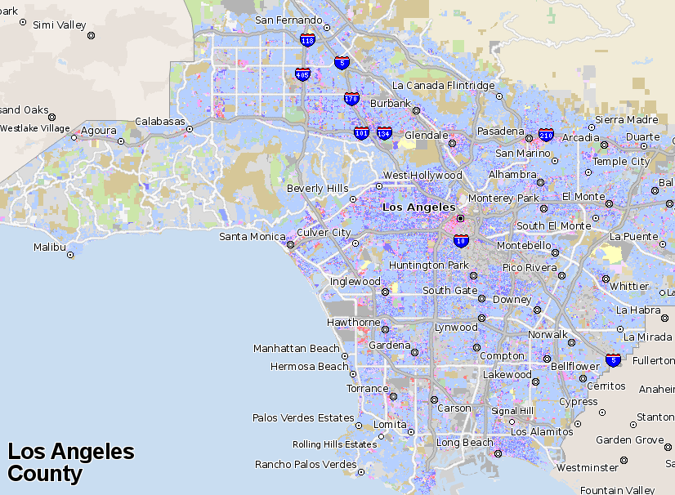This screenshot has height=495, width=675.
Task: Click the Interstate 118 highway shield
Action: click(x=307, y=40)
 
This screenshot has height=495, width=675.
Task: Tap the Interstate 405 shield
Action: click(x=302, y=74)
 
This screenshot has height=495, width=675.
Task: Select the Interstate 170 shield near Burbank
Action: click(x=351, y=99)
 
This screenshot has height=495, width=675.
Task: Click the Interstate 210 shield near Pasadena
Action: click(x=546, y=135)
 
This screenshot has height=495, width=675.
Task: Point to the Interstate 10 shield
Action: click(x=461, y=240)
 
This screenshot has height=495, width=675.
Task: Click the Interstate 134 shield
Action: click(x=384, y=133)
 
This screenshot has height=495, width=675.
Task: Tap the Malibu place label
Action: click(x=49, y=247)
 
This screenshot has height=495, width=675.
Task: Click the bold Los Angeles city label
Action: click(x=419, y=207)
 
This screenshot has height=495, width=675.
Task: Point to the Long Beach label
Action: click(x=464, y=443)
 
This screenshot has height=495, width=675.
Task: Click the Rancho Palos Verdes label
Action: click(x=306, y=465)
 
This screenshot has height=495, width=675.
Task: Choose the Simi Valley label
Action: click(x=59, y=25)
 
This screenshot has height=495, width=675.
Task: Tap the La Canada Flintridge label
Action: click(x=444, y=86)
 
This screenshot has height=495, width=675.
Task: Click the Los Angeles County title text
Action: click(x=70, y=462)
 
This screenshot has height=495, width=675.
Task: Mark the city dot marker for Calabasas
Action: click(x=190, y=129)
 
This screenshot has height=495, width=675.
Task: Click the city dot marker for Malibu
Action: click(x=70, y=255)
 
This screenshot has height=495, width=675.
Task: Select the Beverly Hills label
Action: click(x=317, y=189)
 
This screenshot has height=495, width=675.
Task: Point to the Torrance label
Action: click(x=367, y=389)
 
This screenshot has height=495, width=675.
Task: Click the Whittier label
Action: click(x=628, y=286)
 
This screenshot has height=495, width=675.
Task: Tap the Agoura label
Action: click(x=98, y=131)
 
